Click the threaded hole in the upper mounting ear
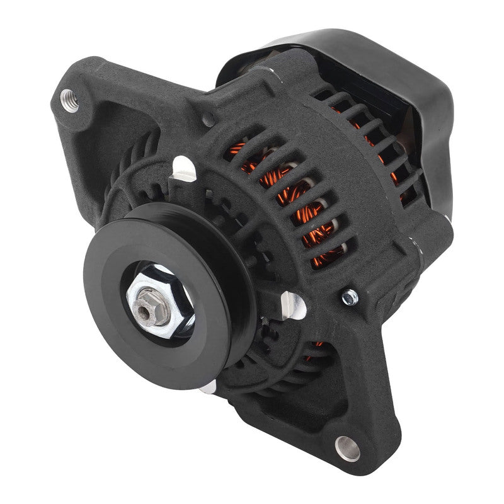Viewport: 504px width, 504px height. (x=70, y=100)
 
